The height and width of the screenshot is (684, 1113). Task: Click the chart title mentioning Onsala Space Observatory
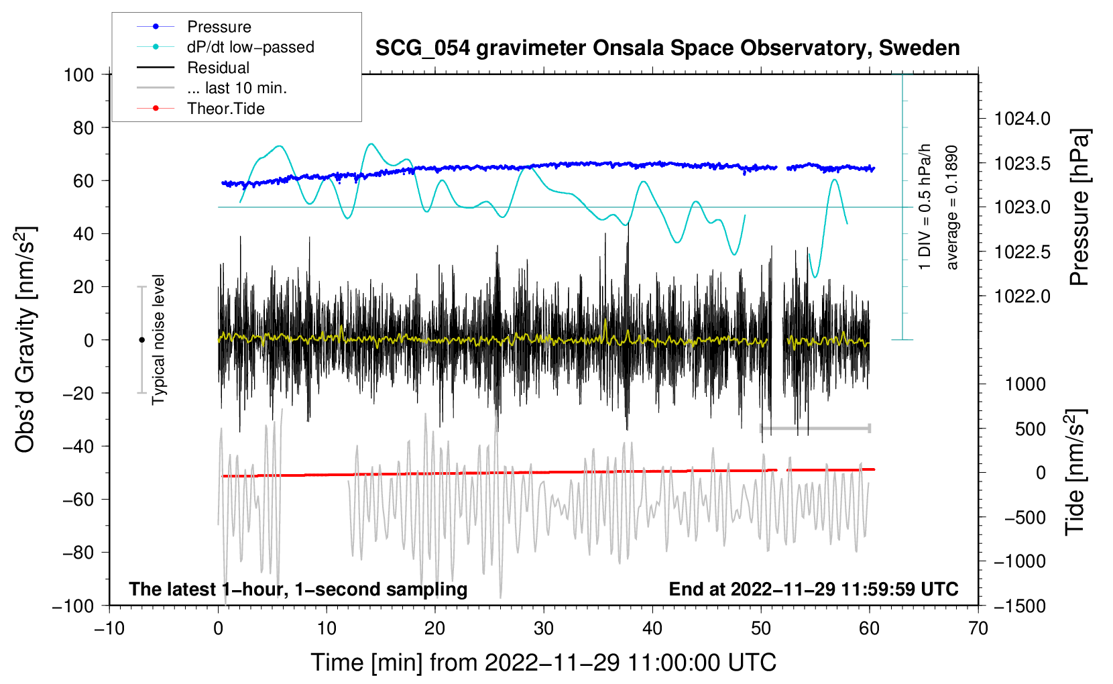pyautogui.click(x=667, y=48)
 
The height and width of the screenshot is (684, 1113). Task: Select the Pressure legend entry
pyautogui.click(x=219, y=27)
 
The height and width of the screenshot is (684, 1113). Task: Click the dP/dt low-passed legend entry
pyautogui.click(x=250, y=47)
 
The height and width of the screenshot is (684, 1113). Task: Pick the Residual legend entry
pyautogui.click(x=218, y=68)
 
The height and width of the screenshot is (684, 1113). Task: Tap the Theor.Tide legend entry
pyautogui.click(x=225, y=109)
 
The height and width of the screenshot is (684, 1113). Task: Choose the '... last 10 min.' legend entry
pyautogui.click(x=237, y=88)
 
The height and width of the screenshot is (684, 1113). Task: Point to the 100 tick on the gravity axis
pyautogui.click(x=78, y=74)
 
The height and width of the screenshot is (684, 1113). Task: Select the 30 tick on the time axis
pyautogui.click(x=544, y=628)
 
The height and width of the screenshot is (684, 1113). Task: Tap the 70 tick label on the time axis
pyautogui.click(x=978, y=628)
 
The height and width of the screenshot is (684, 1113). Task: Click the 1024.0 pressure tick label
pyautogui.click(x=1022, y=119)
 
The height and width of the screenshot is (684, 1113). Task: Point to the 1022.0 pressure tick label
pyautogui.click(x=1022, y=296)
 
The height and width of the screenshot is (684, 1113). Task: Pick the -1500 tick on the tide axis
pyautogui.click(x=1020, y=606)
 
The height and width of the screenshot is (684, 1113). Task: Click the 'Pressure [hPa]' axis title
pyautogui.click(x=1079, y=207)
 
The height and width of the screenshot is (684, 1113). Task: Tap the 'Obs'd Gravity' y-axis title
pyautogui.click(x=25, y=339)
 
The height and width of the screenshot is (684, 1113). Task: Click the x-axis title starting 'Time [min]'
pyautogui.click(x=544, y=663)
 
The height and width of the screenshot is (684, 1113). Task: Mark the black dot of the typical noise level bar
pyautogui.click(x=141, y=340)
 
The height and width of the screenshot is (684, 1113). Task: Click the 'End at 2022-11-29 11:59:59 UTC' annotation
pyautogui.click(x=813, y=589)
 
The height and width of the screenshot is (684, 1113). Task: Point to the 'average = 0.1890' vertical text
pyautogui.click(x=952, y=207)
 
